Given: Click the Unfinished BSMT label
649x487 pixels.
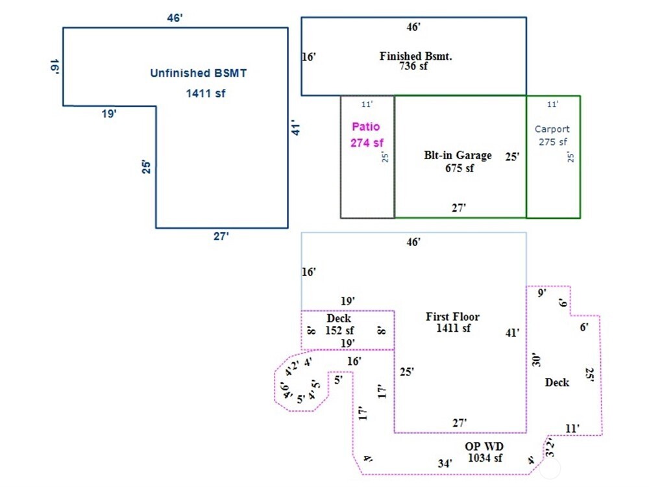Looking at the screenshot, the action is click(198, 73).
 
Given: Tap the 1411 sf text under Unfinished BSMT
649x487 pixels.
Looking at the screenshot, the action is click(206, 94).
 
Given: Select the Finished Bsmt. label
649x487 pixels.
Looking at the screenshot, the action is click(415, 56).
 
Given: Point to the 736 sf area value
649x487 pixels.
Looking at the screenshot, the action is click(413, 66).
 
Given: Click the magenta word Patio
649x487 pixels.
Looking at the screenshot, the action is click(366, 127).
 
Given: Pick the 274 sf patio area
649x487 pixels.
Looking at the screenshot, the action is click(367, 143).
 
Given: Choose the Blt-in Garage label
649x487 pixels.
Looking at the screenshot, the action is click(458, 155).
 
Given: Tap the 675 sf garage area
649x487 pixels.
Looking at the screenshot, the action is click(459, 168).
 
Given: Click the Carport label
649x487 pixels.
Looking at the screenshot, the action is click(552, 129).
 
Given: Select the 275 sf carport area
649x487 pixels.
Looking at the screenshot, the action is click(552, 142).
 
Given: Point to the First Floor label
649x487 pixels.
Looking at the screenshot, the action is click(453, 317).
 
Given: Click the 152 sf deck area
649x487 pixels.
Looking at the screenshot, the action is click(339, 331).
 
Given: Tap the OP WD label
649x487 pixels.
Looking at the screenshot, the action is click(484, 447).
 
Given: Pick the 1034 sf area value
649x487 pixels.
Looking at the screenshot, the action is click(485, 458).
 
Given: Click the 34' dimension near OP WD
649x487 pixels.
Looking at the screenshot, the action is click(445, 464).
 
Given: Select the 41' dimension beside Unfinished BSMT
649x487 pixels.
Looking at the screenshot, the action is click(296, 127).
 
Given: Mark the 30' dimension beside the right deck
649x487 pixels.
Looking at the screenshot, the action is click(536, 360).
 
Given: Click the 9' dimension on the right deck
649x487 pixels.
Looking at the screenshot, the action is click(542, 293).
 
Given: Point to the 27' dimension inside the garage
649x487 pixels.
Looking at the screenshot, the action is click(459, 208).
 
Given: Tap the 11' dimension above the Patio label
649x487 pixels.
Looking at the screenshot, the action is click(367, 105).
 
